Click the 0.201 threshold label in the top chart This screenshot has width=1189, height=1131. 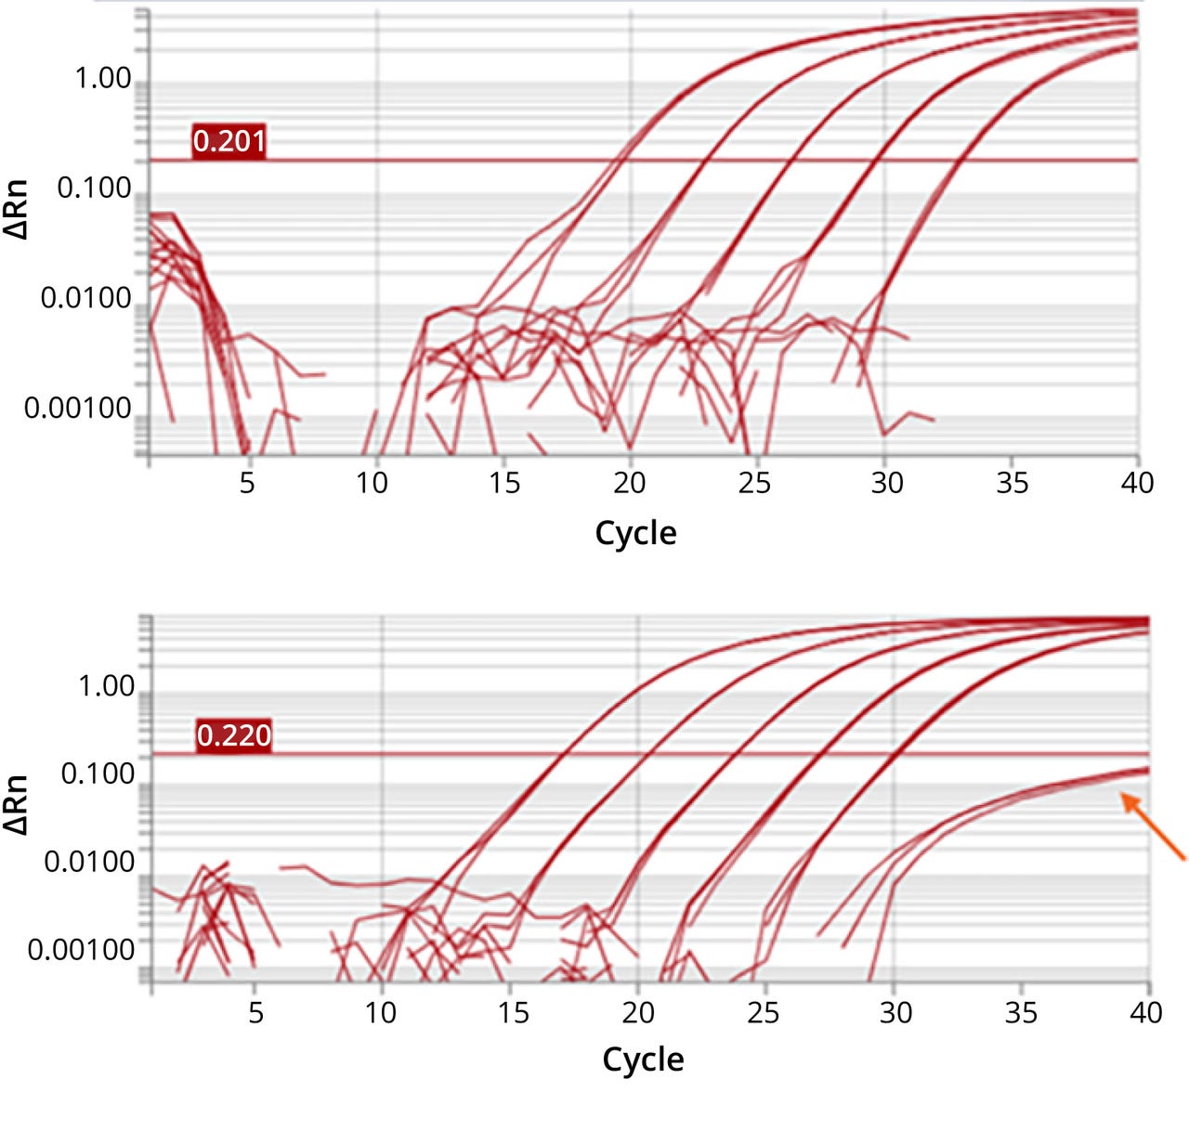coord(229,141)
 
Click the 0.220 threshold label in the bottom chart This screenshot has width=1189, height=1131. coord(233,735)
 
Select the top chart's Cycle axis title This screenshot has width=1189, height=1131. coord(635,533)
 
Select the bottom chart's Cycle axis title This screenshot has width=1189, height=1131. coord(643,1059)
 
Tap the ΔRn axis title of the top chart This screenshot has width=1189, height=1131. coord(17,210)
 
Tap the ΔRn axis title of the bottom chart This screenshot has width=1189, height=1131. coord(17,804)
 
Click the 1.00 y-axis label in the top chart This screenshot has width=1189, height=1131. coord(102,79)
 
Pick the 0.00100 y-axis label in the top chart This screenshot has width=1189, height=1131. coord(78,408)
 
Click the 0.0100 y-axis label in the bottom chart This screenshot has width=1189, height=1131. coord(89,862)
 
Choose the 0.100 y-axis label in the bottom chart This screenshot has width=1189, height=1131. coord(98,773)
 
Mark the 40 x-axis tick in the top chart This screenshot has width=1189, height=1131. coord(1137,483)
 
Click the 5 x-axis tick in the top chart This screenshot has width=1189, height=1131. coord(247,483)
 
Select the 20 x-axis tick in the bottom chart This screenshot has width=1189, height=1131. coord(638,1011)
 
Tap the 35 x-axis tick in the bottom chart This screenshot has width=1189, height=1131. coord(1021,1011)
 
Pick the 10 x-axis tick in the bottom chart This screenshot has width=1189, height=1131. coord(381,1011)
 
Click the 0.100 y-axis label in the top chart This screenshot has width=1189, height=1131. coord(94,188)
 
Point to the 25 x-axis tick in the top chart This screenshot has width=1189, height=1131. coord(754,483)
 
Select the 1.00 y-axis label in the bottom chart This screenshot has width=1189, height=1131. coord(106,686)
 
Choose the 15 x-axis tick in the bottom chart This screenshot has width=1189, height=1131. coord(512,1011)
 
